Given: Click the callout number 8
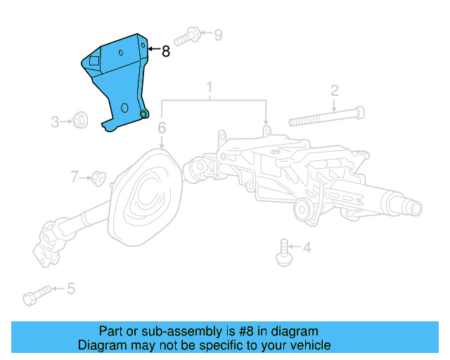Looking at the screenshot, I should tap(165, 51).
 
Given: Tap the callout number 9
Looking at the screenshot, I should tap(217, 34).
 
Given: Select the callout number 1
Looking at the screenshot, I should tap(209, 89).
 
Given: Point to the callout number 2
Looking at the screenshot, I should tap(335, 90).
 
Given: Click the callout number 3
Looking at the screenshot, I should tap(55, 122).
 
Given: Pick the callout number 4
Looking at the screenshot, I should tap(307, 247).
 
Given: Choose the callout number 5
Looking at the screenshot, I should tap(70, 288).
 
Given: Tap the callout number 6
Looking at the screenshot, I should tap(162, 128).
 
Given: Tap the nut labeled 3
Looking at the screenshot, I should tap(79, 122).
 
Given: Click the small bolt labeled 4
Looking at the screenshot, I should tap(284, 252).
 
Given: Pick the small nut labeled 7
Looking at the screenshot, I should tap(98, 178).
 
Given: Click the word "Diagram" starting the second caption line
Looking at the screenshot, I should tap(101, 345).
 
